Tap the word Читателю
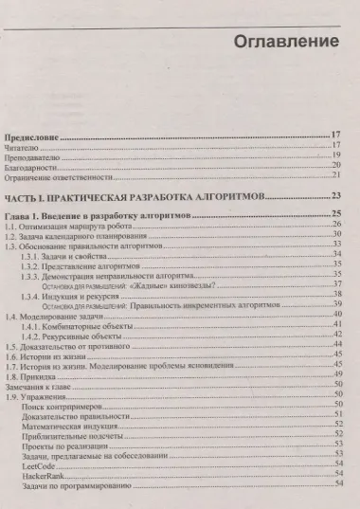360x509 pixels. pos(25,147)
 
